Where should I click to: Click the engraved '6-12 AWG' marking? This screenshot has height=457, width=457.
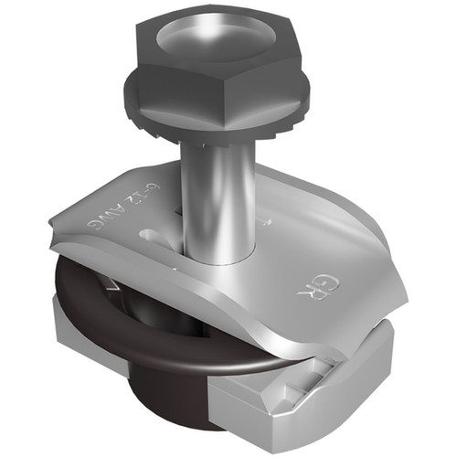119,225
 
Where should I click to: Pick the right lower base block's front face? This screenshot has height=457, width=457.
265,407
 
